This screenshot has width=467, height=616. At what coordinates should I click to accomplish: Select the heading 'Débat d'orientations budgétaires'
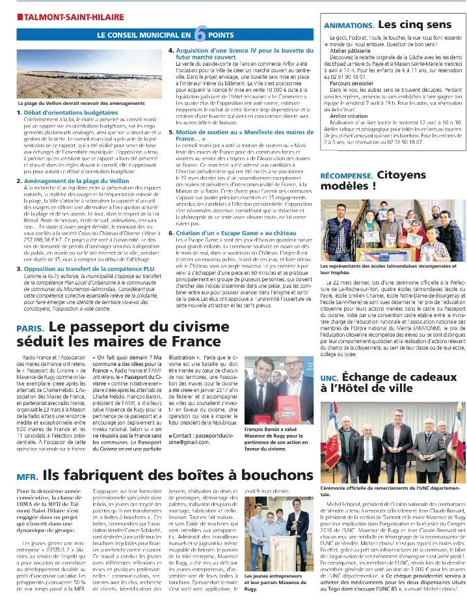pos(62,113)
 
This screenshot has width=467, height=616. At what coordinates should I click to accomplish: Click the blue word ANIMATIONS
pos(348,25)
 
